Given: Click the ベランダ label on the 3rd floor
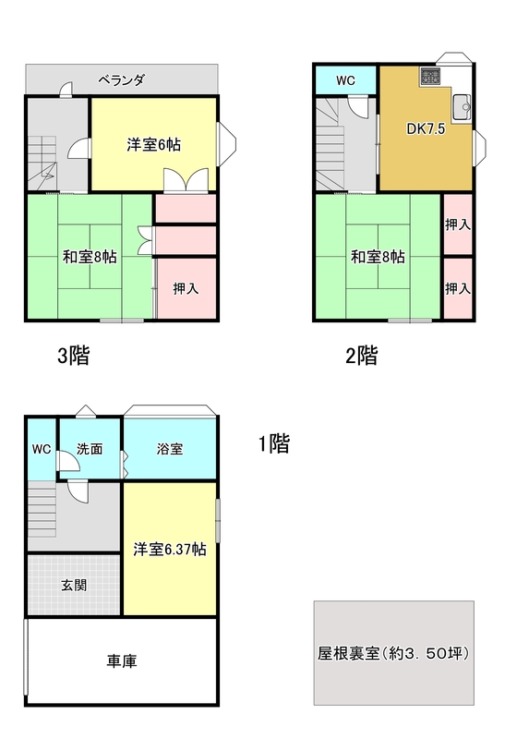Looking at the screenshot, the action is point(121,80).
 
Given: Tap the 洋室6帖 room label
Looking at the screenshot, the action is point(153,145).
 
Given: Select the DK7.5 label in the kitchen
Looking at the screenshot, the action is point(426,128).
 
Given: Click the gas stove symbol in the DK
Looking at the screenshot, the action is point(430,77).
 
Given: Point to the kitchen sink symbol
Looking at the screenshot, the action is point(462,107).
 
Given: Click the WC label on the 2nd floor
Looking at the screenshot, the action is point(345,80).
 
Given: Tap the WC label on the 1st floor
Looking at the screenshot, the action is point(42,449).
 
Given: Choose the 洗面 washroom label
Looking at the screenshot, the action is point(90,449).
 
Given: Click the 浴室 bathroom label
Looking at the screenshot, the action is point(170,449).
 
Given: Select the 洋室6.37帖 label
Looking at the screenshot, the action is point(170,550).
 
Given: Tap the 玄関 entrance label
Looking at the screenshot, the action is point(74,586).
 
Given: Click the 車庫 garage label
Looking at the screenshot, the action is point(122,661).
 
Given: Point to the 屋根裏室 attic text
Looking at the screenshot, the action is point(349,653).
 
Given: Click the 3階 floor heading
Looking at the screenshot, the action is point(74,356).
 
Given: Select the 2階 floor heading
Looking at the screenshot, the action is point(362,356).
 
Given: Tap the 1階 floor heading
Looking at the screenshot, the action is point(274,443).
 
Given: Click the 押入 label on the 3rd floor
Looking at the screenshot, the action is point(186,288).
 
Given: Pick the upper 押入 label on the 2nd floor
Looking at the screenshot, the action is point(458,224).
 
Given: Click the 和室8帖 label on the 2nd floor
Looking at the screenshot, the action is point(378,257).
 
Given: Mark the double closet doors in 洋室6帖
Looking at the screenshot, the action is point(186,179).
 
